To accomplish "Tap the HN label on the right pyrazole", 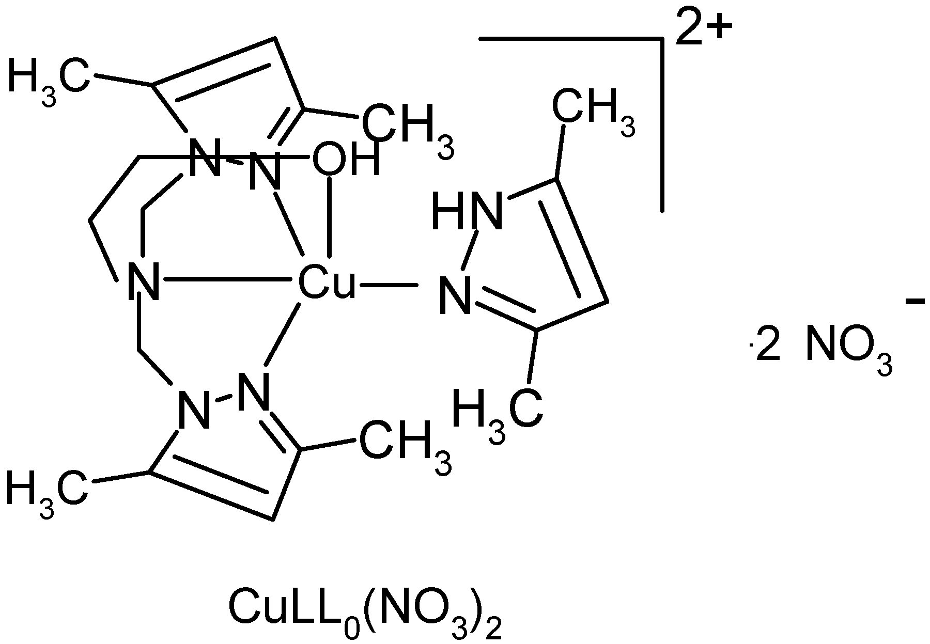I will [467, 212].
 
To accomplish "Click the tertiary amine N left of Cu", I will [143, 282].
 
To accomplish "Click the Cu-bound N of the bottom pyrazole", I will [255, 392].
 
